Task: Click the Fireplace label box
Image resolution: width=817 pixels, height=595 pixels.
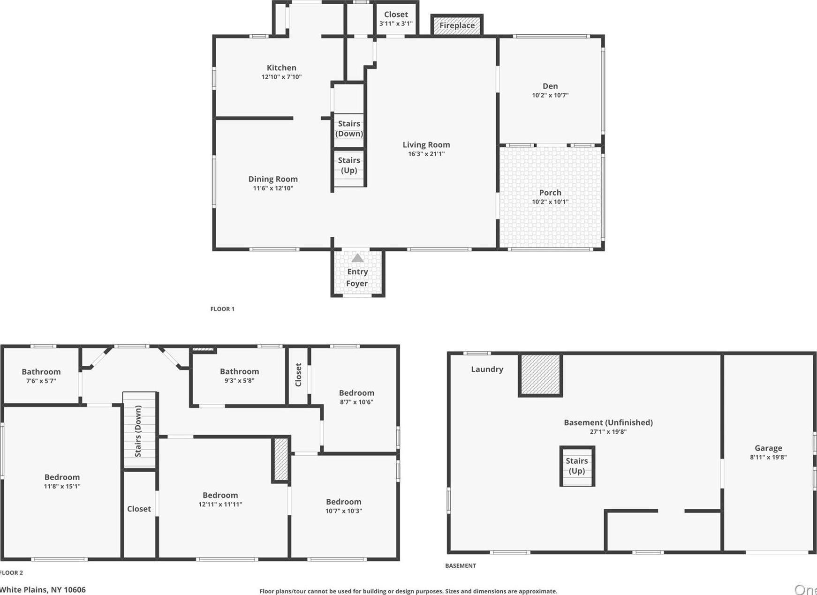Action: tap(457, 25)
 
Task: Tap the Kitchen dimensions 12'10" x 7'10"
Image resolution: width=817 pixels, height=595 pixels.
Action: tap(281, 77)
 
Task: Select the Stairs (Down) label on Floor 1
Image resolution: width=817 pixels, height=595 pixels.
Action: tap(349, 128)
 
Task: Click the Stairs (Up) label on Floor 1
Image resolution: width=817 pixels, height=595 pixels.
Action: tap(349, 165)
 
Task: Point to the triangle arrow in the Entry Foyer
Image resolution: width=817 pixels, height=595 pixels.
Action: tap(357, 258)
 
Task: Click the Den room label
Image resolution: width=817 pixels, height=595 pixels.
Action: tap(550, 86)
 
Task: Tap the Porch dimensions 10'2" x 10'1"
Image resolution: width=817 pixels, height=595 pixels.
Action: tap(550, 202)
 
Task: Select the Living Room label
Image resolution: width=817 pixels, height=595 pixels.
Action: tap(426, 145)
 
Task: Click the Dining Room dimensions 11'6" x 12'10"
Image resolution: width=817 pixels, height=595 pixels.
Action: tap(273, 188)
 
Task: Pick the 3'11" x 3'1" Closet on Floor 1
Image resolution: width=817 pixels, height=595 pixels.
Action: tap(396, 19)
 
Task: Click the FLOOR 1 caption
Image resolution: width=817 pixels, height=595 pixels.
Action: tap(222, 309)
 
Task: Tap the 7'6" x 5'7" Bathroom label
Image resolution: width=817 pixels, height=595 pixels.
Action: tap(41, 376)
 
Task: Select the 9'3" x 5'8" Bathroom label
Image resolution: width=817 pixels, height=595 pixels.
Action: tap(239, 375)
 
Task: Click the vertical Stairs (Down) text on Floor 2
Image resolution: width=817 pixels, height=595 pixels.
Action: tap(138, 431)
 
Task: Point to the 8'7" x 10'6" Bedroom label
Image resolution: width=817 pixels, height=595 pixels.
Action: tap(356, 397)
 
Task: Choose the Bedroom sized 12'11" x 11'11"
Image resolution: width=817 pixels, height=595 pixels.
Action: tap(220, 499)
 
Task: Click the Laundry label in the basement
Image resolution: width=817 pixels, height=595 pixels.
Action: tap(487, 369)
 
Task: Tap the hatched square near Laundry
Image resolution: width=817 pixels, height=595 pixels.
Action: tap(540, 375)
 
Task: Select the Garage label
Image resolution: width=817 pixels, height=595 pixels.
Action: tap(768, 448)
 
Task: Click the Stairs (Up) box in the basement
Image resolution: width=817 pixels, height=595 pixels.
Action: tap(577, 466)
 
